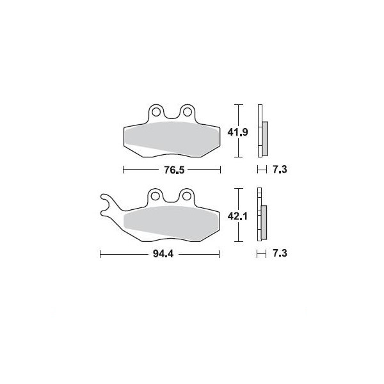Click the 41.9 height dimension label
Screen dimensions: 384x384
coord(238,132)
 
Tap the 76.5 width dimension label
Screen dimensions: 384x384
coord(174,170)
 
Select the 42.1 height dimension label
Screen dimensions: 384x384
coord(237,216)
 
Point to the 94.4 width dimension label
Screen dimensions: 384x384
coord(163,253)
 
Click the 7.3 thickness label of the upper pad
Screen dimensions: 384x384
coord(280,169)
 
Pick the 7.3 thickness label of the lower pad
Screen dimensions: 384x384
coord(280,253)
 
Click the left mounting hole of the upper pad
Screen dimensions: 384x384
coord(156,112)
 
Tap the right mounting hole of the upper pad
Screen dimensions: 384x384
coord(188,112)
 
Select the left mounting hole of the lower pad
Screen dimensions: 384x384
coord(155,196)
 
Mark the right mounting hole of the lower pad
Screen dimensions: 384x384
coord(186,196)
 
